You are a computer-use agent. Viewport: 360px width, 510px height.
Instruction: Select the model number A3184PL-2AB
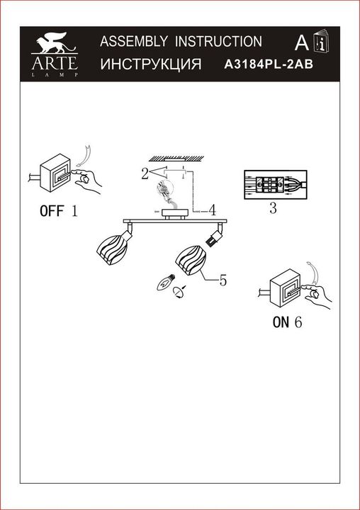coord(269,64)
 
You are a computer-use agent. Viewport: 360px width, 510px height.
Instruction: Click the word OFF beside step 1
coord(50,210)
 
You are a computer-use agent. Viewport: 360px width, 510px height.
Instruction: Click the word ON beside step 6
coord(281,322)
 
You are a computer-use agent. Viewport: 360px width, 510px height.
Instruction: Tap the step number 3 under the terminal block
coord(273,209)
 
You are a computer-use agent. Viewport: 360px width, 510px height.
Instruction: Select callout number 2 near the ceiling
coord(144,173)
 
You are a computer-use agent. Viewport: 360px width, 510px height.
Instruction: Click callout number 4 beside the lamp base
coord(212,210)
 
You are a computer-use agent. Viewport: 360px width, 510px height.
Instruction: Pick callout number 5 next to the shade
coord(223,280)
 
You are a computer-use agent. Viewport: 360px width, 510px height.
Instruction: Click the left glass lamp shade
coord(112,248)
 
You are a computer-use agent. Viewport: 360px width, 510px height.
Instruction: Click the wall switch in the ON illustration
coord(290,290)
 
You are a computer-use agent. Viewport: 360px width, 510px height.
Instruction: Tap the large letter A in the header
coord(300,43)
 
